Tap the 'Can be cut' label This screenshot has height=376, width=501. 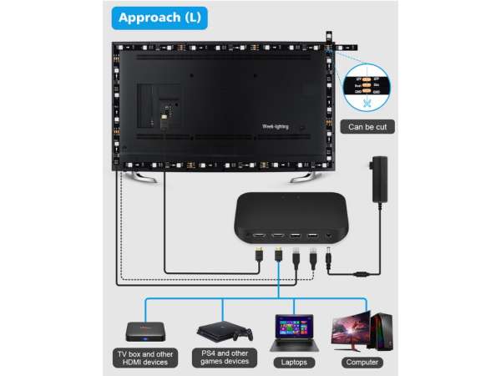click(x=367, y=128)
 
